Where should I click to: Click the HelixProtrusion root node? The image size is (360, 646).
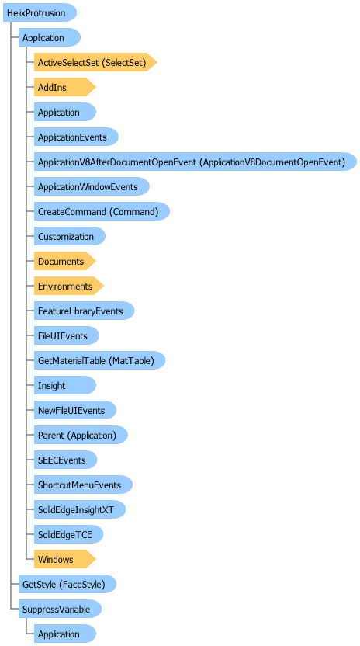click(x=40, y=12)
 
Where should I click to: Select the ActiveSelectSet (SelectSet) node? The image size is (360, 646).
click(x=95, y=62)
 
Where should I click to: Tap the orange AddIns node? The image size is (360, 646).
click(x=64, y=87)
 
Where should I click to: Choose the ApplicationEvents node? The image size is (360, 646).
click(x=76, y=137)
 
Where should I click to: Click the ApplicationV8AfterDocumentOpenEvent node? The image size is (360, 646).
click(x=196, y=161)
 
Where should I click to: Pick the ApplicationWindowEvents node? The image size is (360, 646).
click(x=92, y=186)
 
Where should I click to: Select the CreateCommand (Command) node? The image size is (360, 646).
click(x=102, y=211)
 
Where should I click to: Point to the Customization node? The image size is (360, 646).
click(x=70, y=236)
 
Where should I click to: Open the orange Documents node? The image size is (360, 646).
click(x=64, y=261)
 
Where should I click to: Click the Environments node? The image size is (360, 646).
click(x=69, y=286)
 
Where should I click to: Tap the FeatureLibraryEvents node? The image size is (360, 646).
click(x=84, y=311)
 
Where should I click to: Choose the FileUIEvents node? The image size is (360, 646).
click(x=66, y=335)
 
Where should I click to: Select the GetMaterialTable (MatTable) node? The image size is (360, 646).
click(x=99, y=360)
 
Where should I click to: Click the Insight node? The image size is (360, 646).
click(x=64, y=385)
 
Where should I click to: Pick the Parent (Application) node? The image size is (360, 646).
click(x=81, y=435)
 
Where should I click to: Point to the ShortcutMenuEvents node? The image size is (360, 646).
click(x=83, y=484)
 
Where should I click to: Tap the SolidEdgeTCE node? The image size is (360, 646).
click(x=68, y=534)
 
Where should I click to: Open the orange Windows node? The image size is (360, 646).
click(x=64, y=559)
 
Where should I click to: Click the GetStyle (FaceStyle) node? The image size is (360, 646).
click(x=67, y=584)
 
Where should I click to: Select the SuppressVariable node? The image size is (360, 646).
click(x=61, y=609)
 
